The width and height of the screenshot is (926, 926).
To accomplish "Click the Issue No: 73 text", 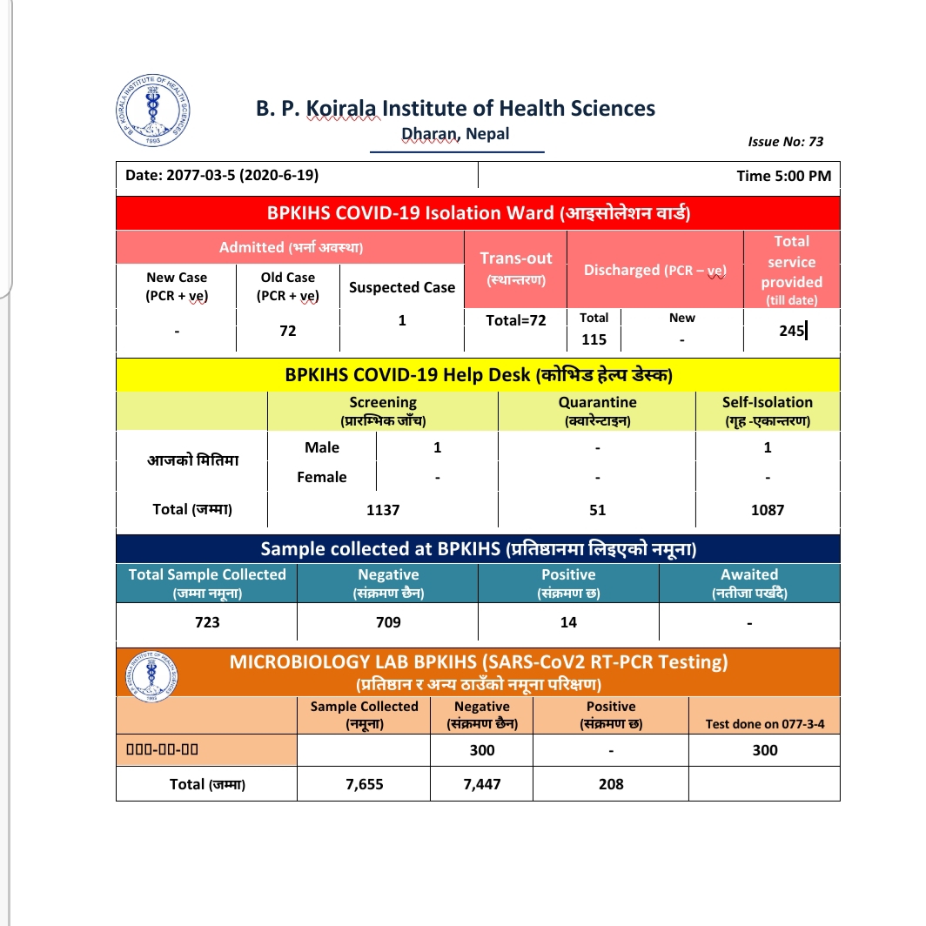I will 785,141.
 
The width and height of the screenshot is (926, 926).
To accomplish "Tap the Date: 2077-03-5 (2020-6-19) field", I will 222,175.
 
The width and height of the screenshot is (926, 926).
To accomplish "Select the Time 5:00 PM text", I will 783,176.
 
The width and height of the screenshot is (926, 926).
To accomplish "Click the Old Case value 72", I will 288,331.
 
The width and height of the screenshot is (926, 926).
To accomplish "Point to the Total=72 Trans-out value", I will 516,320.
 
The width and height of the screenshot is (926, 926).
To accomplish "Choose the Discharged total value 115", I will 594,339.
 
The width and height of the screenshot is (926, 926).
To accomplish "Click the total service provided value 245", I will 792,330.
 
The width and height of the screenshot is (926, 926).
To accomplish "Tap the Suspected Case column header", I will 402,287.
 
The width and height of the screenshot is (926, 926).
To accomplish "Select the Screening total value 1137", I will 383,510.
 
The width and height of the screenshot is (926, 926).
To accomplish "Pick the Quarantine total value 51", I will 597,510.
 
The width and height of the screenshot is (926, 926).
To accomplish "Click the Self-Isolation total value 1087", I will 768,510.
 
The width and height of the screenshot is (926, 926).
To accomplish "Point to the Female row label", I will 322,477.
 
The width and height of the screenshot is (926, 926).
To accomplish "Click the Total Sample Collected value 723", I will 207,622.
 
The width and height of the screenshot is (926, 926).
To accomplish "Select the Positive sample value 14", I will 568,622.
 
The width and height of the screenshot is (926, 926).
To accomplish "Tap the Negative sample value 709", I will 388,622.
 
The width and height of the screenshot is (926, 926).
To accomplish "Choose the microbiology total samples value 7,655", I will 364,784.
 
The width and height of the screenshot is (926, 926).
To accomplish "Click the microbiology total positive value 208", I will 611,784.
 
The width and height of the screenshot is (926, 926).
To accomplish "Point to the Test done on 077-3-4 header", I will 765,724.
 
